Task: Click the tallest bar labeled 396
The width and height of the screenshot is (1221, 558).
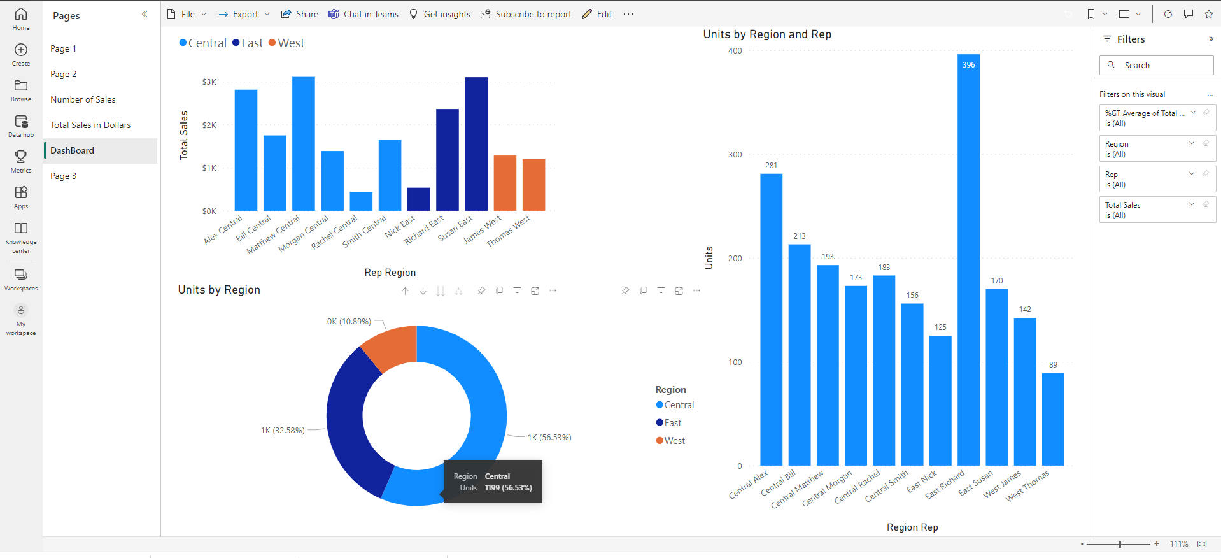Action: coord(968,255)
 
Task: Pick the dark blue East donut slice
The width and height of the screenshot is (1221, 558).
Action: coord(354,427)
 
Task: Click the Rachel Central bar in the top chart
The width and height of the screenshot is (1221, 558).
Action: coord(361,201)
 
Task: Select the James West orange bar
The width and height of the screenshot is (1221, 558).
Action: coord(505,183)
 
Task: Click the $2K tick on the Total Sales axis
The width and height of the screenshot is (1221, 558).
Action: coord(209,125)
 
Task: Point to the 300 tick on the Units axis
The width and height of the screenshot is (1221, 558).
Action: coord(735,155)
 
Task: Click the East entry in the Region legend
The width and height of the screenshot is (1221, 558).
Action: coord(672,423)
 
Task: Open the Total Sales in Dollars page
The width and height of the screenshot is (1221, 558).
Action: coord(90,125)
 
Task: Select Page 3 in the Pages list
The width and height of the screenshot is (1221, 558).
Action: coord(64,176)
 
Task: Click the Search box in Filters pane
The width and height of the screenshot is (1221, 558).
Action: coord(1156,65)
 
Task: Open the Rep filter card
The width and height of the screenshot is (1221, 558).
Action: coord(1146,179)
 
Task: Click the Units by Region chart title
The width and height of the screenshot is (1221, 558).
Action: coord(219,290)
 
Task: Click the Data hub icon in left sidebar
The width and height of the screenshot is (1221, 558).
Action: coord(21,125)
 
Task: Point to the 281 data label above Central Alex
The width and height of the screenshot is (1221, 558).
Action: coord(771,166)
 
